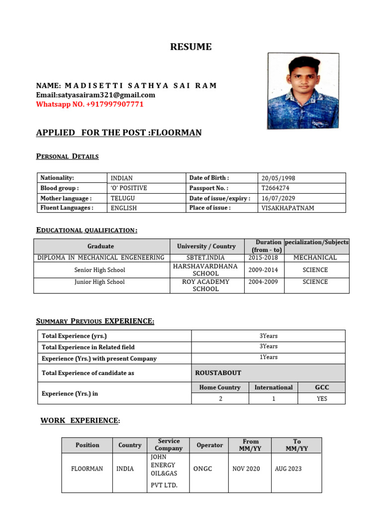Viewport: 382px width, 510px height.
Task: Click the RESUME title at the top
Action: [191, 47]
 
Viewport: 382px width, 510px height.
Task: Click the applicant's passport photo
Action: [303, 91]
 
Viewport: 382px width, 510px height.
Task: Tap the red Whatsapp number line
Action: [90, 104]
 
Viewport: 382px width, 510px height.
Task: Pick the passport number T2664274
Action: [276, 188]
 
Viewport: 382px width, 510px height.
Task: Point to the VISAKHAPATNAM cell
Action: [288, 208]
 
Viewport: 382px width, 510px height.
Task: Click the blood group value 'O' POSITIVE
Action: [129, 188]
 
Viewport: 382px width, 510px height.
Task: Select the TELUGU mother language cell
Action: [123, 198]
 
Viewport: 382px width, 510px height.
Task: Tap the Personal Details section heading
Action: [67, 156]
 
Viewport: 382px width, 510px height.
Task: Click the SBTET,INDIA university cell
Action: [206, 257]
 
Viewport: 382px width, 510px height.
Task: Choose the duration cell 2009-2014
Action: [263, 270]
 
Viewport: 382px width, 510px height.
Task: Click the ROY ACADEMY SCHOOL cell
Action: [206, 285]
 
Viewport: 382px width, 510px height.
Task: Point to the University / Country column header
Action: [206, 246]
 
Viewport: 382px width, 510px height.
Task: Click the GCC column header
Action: [322, 387]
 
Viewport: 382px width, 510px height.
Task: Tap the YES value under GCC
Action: [322, 398]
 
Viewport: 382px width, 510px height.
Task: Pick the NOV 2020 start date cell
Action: [246, 469]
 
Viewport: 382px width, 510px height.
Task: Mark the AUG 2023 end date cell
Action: [288, 469]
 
